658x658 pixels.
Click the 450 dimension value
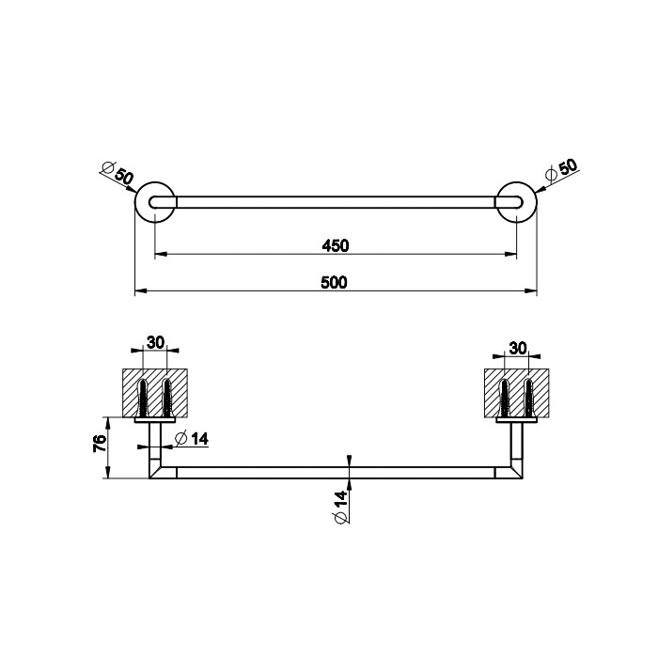[336, 246]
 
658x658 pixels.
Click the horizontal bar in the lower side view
[336, 472]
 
